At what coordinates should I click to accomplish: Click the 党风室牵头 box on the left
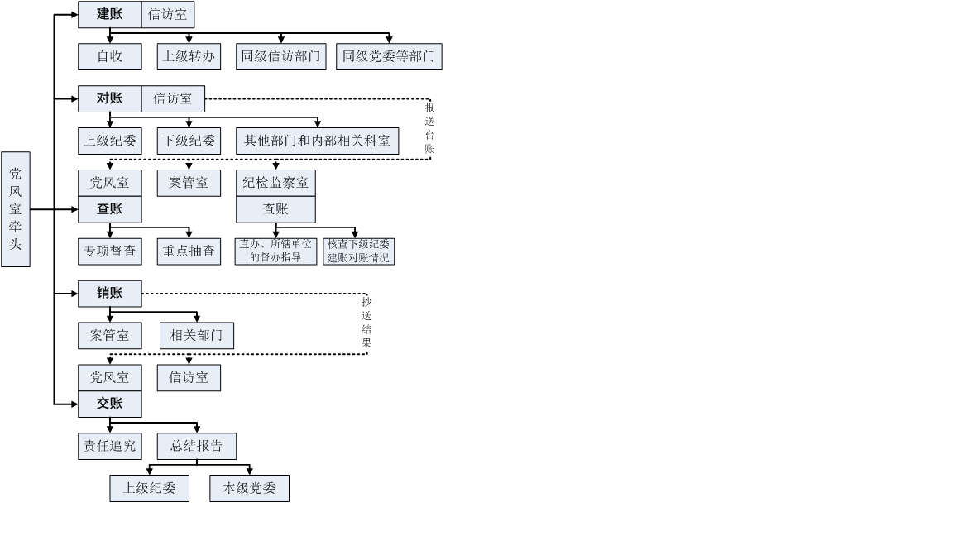(x=16, y=209)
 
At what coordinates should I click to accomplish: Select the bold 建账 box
(x=109, y=15)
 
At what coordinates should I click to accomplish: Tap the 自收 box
(x=109, y=56)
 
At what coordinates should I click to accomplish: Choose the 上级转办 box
(x=189, y=56)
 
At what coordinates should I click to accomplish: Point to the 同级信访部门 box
(x=281, y=56)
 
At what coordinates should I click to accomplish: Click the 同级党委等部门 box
(x=389, y=56)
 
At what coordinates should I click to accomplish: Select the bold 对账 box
(x=109, y=98)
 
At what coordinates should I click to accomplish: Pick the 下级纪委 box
(x=189, y=141)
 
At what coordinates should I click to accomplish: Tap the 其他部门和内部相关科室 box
(x=317, y=141)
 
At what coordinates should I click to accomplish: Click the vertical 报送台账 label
(x=429, y=128)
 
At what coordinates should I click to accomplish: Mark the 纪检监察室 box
(x=275, y=183)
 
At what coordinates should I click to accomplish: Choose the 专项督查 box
(x=109, y=251)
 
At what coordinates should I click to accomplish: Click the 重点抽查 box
(x=189, y=251)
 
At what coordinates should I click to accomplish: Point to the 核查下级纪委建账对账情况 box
(x=358, y=251)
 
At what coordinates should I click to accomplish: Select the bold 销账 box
(x=109, y=294)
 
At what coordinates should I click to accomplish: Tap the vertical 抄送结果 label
(x=366, y=323)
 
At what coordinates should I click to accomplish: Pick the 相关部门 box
(x=196, y=335)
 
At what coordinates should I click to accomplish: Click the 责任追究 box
(x=109, y=446)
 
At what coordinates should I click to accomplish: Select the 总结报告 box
(x=196, y=446)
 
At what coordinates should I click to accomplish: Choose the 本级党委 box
(x=249, y=488)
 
